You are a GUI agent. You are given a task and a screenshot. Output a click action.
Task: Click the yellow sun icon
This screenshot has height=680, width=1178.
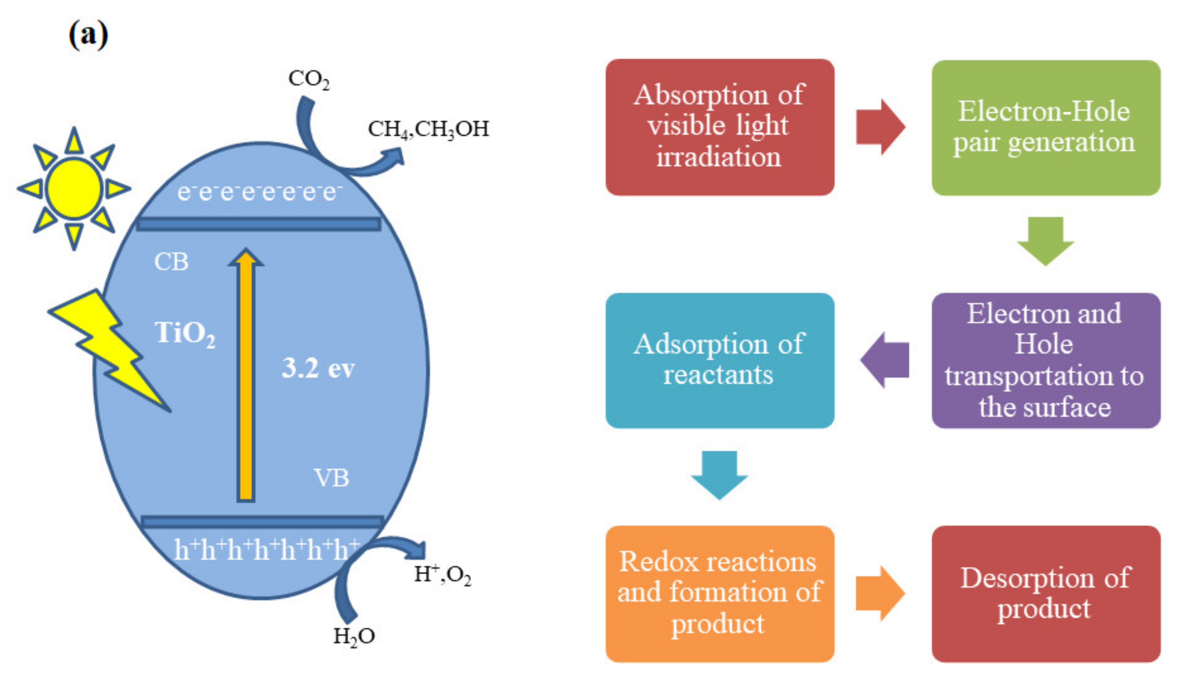[74, 188]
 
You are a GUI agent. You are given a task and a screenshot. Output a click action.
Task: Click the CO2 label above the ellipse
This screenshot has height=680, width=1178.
[309, 80]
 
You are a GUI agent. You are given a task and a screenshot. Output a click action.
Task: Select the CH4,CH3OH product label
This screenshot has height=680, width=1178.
[428, 129]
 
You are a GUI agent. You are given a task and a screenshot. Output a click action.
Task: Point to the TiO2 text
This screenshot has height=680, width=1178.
[185, 333]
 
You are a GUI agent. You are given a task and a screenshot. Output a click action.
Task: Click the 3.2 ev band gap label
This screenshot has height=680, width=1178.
[318, 368]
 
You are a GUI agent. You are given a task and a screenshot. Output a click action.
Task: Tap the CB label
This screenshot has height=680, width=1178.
[171, 262]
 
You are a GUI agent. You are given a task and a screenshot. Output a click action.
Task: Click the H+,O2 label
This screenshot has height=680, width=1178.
[442, 574]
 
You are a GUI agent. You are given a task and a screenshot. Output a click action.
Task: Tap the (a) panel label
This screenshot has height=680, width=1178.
[88, 35]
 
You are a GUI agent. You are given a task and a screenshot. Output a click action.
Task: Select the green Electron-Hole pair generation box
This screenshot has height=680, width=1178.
[1045, 127]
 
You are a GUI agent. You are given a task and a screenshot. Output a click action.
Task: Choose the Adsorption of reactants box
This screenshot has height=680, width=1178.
[719, 360]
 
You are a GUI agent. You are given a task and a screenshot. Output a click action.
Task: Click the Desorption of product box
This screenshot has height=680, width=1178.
[1045, 594]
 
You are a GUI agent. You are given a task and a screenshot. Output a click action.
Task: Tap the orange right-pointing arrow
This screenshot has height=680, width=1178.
[880, 594]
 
